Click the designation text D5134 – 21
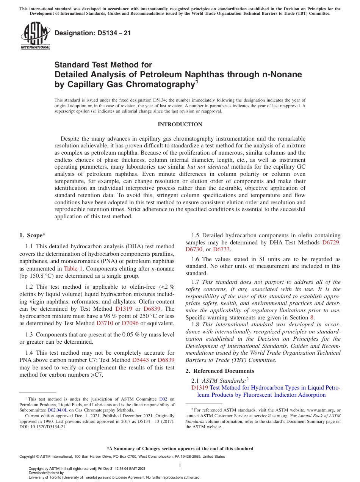pyautogui.click(x=93, y=33)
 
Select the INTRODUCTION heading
pyautogui.click(x=180, y=124)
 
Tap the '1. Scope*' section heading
pyautogui.click(x=33, y=235)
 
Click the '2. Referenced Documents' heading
pyautogui.click(x=220, y=371)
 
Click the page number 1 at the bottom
pyautogui.click(x=180, y=465)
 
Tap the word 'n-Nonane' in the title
pyautogui.click(x=282, y=75)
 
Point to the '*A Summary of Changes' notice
pyautogui.click(x=180, y=449)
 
